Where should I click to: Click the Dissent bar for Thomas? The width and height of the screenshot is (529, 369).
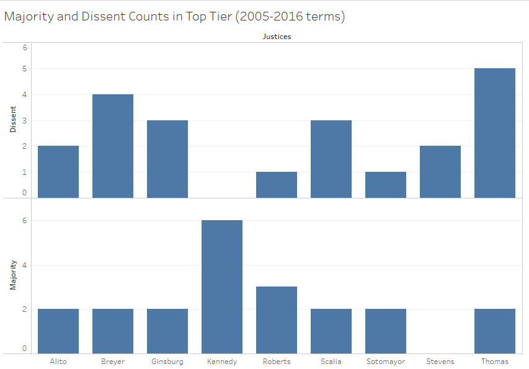494,133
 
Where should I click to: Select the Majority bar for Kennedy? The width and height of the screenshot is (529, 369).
222,287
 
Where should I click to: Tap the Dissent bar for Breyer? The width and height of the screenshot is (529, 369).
113,146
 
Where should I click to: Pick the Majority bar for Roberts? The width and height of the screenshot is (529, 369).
277,320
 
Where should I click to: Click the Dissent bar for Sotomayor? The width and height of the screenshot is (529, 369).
386,185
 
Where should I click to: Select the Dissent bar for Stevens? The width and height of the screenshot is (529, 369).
440,172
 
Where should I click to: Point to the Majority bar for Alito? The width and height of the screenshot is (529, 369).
58,331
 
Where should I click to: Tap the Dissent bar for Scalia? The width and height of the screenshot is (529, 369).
331,159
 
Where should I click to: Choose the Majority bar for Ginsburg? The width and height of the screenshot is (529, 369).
167,331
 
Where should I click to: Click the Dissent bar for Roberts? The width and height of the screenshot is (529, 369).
277,185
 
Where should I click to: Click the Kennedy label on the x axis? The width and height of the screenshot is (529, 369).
222,362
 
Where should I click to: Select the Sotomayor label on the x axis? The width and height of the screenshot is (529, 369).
386,362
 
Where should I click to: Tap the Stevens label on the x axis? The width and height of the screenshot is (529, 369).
440,362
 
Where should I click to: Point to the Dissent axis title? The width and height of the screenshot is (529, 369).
12,120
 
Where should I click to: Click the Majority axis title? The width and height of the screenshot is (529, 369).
12,276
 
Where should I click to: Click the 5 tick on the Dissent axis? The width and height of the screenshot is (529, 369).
25,69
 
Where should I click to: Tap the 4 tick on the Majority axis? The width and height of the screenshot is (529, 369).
25,265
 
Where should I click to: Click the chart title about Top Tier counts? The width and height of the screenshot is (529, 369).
174,17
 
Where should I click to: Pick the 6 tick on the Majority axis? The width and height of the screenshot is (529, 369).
25,221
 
